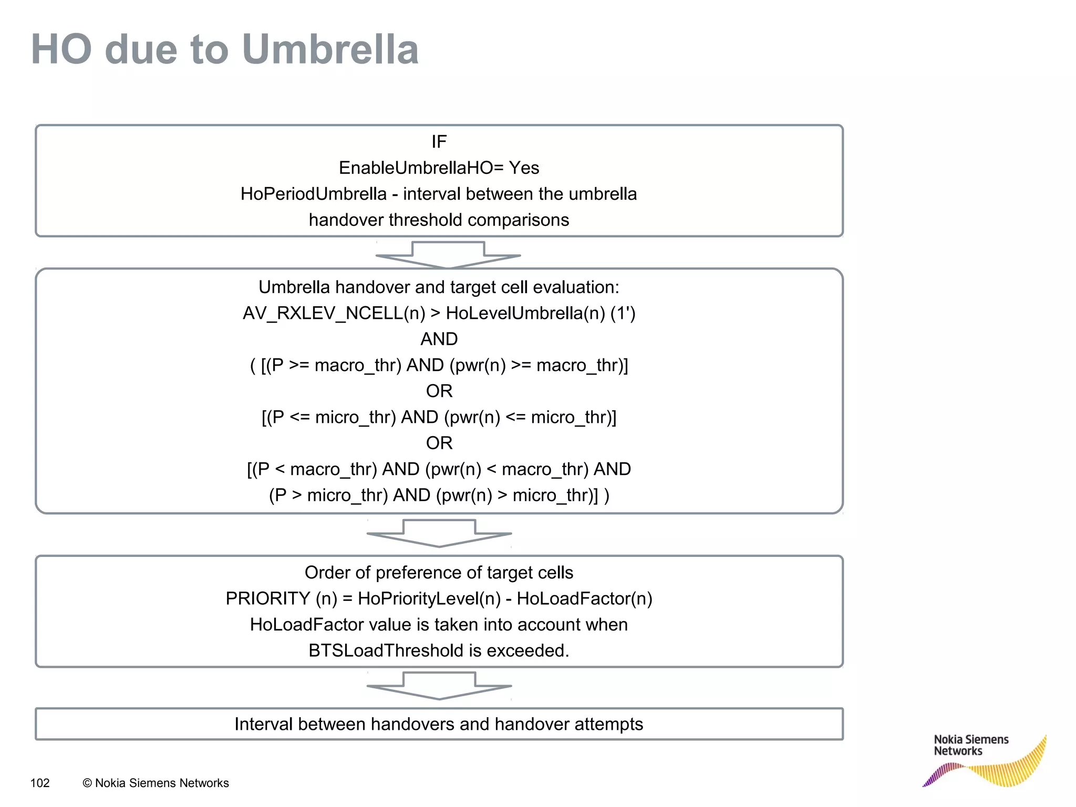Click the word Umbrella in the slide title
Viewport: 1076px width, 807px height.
coord(330,49)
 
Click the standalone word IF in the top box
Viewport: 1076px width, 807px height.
coord(439,142)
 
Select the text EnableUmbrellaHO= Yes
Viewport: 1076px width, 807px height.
coord(439,168)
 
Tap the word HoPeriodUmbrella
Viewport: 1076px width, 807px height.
coord(314,194)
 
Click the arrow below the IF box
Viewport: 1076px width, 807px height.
coord(448,255)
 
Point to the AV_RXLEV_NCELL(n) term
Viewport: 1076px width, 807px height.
coord(334,313)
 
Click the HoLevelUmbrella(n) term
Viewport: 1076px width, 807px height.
coord(525,313)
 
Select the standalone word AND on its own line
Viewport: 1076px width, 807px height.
coord(439,339)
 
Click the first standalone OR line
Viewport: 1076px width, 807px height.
coord(439,391)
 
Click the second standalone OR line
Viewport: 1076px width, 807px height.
coord(439,443)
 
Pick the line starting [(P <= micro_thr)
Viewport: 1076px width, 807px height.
coord(439,417)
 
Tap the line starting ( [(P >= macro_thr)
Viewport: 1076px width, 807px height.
coord(439,365)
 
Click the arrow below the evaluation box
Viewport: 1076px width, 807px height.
coord(439,533)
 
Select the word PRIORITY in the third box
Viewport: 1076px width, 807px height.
coord(268,599)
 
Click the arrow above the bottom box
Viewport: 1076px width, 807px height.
coord(439,686)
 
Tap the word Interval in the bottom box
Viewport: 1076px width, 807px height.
coord(263,725)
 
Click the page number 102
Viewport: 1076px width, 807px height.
coord(40,783)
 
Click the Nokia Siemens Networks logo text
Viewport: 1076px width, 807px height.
coord(970,746)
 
